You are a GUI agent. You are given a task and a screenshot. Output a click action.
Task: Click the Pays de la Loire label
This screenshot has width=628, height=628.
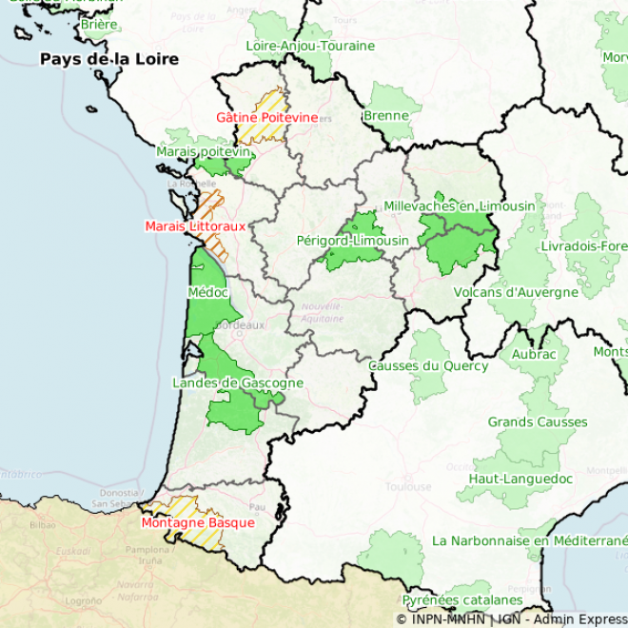tap(108, 59)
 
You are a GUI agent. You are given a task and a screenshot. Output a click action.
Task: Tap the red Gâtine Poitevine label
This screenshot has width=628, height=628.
tap(266, 117)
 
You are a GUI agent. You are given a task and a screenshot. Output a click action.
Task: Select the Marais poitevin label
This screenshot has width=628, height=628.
tap(203, 151)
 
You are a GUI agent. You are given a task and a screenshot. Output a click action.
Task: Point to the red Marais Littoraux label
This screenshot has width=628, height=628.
tap(195, 226)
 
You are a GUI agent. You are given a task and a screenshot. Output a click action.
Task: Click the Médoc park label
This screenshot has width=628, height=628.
tap(208, 292)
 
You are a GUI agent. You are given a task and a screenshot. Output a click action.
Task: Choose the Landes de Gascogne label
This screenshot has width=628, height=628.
tap(238, 383)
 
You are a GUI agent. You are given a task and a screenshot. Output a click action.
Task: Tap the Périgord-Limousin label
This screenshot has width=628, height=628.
tap(352, 241)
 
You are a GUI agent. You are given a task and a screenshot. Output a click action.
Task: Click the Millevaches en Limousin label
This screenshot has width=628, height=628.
tap(460, 206)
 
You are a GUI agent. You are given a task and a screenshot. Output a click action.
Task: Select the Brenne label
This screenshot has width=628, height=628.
tap(386, 116)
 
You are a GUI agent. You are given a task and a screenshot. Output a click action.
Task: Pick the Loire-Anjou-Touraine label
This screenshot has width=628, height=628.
tap(310, 46)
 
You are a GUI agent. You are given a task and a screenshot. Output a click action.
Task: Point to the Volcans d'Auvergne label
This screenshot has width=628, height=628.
tap(516, 292)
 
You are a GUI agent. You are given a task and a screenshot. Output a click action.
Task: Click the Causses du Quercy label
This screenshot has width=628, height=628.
tap(428, 365)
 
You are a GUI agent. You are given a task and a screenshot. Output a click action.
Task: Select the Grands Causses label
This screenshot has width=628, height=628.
tap(538, 422)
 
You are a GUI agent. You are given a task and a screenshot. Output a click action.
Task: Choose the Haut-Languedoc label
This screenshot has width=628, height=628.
tap(520, 479)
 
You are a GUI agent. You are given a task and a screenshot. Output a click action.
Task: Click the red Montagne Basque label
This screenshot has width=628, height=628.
tap(198, 522)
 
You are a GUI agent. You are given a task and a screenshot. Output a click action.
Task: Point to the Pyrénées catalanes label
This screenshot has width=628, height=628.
tap(461, 600)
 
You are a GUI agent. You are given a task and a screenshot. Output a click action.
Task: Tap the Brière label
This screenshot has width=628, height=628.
tap(99, 24)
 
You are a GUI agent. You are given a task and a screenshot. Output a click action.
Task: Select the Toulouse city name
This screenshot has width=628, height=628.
tap(408, 487)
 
